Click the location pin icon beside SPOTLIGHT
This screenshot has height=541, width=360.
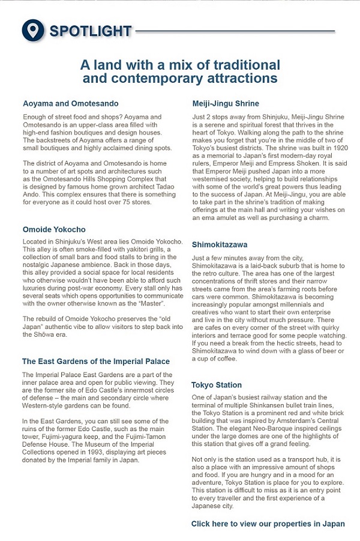(x=34, y=30)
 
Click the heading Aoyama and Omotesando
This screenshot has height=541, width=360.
(x=70, y=103)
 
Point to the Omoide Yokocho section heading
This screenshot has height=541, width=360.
(x=54, y=229)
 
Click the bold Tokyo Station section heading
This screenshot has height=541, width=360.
(x=217, y=385)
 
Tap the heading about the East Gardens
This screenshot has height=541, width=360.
(x=96, y=361)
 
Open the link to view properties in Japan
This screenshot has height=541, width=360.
(x=268, y=524)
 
